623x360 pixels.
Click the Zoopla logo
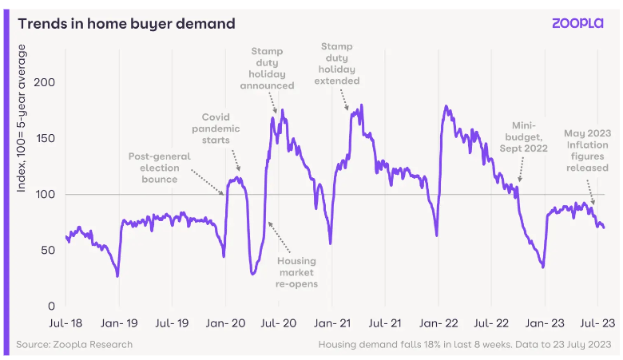coord(578,23)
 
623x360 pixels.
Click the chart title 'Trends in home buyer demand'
coord(126,24)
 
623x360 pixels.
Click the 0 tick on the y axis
coord(50,306)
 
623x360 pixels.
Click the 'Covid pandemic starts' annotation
coord(216,128)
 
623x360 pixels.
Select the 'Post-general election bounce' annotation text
coord(160,168)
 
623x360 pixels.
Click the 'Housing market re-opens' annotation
coord(296,272)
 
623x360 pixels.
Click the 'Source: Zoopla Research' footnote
coord(73,344)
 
